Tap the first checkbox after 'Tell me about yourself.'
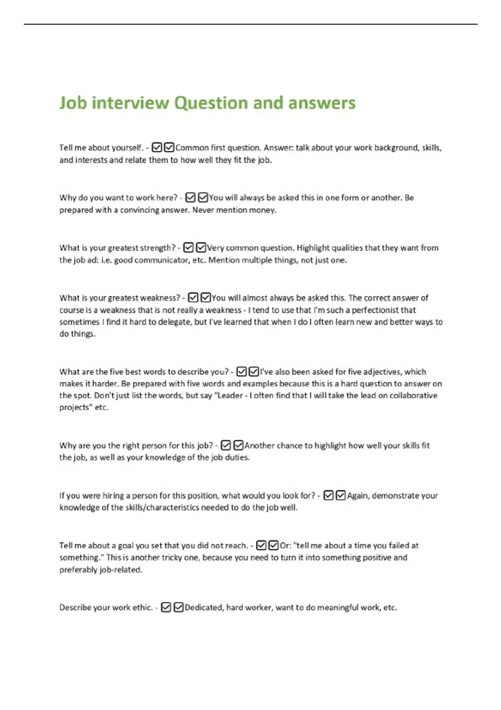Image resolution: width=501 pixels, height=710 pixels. click(x=157, y=147)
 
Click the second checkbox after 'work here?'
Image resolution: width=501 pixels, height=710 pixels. click(x=203, y=198)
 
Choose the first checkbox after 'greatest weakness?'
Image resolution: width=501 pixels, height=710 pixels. click(x=193, y=298)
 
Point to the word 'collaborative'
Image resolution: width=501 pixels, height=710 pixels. click(x=413, y=396)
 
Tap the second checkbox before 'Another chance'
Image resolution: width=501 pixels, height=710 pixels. click(x=238, y=446)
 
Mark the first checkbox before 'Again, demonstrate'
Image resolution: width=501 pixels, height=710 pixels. click(x=329, y=496)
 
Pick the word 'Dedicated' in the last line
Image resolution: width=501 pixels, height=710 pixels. click(x=203, y=608)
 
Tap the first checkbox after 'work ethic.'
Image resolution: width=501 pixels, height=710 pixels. click(x=166, y=608)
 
